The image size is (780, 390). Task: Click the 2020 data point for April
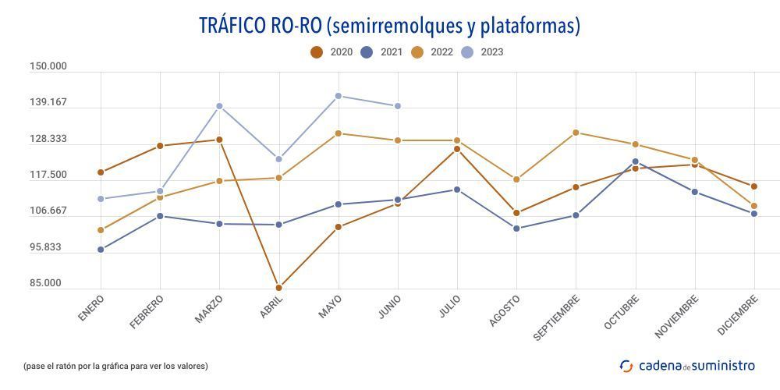tap(278, 288)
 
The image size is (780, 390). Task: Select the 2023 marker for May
tap(338, 96)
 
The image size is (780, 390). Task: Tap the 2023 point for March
tap(219, 106)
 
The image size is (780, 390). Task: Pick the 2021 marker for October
tap(636, 162)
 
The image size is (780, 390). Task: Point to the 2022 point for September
tap(576, 133)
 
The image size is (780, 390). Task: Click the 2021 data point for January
tap(101, 250)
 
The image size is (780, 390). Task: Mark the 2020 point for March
tap(219, 140)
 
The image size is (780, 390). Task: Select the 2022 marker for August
tap(516, 179)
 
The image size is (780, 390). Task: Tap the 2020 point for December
tap(754, 186)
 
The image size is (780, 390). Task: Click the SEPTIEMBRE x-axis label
tap(557, 317)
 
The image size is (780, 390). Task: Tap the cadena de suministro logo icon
tap(626, 366)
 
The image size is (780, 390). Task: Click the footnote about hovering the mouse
tap(115, 366)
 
